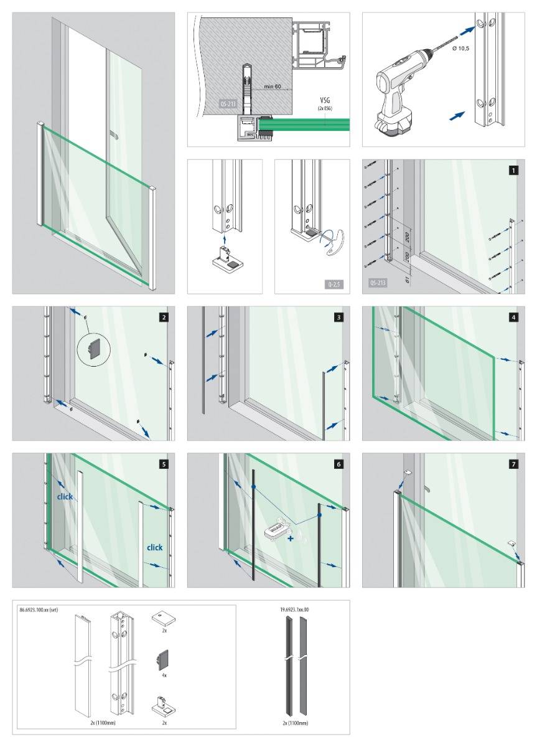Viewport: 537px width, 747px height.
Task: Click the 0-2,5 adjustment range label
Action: point(333,284)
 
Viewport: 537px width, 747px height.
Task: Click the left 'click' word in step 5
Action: point(65,497)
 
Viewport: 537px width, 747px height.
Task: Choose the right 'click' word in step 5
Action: point(154,548)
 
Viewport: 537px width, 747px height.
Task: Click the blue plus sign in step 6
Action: point(290,539)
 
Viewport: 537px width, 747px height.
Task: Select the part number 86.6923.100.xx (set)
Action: point(39,611)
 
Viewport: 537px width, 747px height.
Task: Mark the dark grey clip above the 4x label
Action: point(163,659)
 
